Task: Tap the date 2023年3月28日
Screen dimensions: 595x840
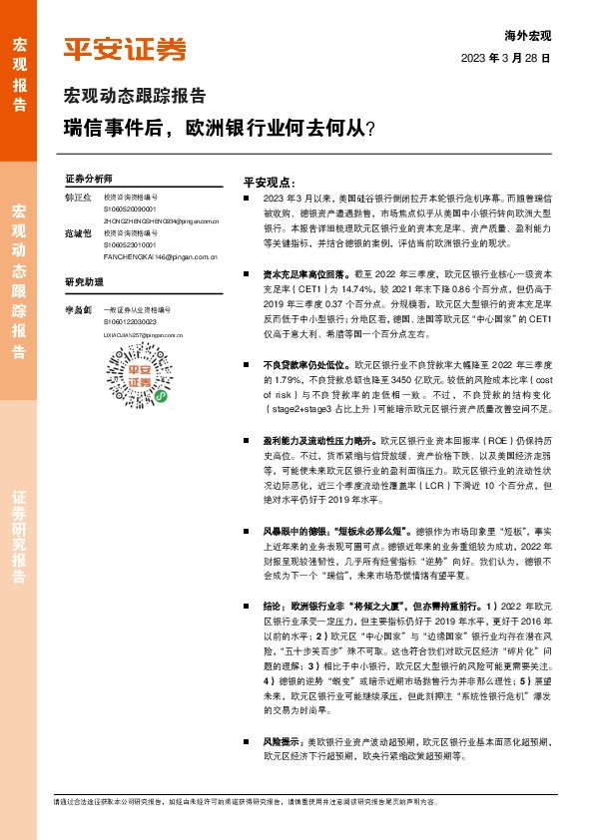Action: [507, 59]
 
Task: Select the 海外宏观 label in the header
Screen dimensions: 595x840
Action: [528, 36]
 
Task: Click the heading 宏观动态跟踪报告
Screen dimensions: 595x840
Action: [135, 97]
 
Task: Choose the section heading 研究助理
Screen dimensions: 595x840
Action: [84, 281]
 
